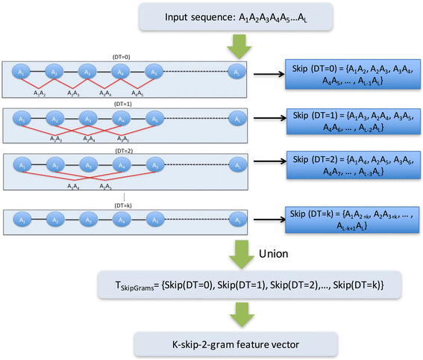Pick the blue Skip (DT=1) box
coord(348,124)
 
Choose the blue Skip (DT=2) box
coord(348,171)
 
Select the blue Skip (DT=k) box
coord(348,222)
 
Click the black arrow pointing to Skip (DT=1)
coord(267,119)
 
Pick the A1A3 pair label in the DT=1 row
coord(57,139)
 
